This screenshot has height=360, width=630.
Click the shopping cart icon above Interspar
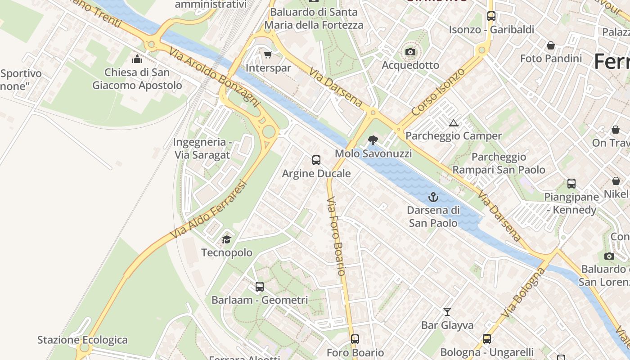[268, 55]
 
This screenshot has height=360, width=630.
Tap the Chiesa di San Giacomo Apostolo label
[137, 79]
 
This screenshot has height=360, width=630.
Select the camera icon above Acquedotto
[410, 52]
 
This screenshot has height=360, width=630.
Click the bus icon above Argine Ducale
[316, 160]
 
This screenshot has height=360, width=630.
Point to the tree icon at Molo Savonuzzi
[373, 140]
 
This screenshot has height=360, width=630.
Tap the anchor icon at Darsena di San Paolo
[433, 197]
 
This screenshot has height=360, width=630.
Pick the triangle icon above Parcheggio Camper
[454, 123]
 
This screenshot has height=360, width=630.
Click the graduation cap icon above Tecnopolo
[226, 239]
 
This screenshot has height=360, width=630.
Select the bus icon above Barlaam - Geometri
[259, 287]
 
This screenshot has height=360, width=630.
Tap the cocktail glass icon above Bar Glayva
[447, 311]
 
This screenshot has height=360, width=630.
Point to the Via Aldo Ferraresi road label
[210, 209]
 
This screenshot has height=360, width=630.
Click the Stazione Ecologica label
[82, 340]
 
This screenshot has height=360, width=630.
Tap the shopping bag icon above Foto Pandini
[550, 45]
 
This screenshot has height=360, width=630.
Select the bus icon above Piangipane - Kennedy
[571, 184]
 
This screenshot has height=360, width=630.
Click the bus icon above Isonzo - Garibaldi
[491, 16]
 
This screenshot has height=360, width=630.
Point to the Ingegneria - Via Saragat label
[202, 148]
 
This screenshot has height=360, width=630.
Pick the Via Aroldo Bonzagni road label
[215, 77]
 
